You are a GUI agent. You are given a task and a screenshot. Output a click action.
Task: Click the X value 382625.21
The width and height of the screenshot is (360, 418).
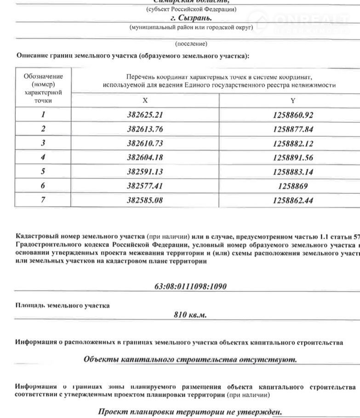click(145, 115)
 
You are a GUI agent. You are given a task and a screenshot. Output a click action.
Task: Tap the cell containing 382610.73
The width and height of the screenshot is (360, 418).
click(145, 143)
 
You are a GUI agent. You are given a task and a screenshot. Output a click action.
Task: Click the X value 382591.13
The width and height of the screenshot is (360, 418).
click(145, 172)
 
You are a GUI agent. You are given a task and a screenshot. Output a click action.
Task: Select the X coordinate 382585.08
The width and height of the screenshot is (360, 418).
click(145, 200)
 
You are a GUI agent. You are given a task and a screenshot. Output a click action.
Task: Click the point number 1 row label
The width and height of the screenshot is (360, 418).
click(43, 115)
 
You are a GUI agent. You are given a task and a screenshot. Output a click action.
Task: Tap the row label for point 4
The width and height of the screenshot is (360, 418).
click(43, 158)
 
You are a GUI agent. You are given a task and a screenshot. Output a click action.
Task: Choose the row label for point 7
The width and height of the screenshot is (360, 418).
click(43, 200)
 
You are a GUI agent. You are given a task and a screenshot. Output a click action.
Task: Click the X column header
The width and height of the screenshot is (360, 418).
click(145, 100)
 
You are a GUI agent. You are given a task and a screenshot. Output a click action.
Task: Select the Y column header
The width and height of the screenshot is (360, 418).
click(293, 100)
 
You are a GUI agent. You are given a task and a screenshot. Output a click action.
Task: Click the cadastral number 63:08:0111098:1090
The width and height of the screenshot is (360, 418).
click(190, 287)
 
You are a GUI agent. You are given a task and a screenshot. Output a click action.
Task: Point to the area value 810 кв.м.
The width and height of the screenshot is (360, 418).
click(190, 315)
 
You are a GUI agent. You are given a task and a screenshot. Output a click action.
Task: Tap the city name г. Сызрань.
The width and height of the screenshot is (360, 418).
click(191, 18)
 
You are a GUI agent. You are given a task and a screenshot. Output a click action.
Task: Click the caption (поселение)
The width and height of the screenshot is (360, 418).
click(191, 44)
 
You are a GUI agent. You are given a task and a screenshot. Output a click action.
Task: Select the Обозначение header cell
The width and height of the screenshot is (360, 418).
click(43, 88)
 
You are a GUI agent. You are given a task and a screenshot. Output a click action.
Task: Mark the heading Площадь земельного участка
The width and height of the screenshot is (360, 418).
click(63, 305)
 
